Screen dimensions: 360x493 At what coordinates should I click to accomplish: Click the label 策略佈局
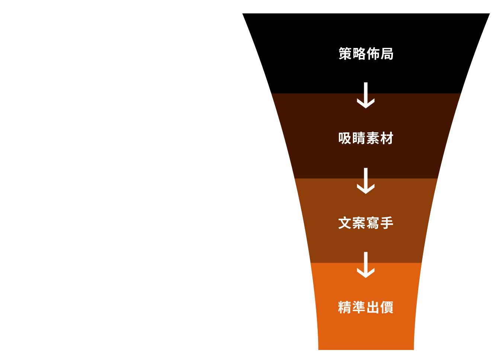coord(366,54)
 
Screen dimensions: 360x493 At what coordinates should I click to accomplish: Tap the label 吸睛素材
coord(366,138)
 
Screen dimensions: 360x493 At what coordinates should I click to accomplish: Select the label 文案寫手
coord(366,223)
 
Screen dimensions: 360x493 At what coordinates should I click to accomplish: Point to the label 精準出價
coord(366,308)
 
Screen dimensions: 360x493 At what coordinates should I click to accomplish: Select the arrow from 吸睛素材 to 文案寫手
coord(366,181)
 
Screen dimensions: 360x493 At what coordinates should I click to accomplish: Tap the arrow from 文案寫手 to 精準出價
coord(366,265)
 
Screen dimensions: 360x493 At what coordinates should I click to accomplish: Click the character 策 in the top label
coord(345,54)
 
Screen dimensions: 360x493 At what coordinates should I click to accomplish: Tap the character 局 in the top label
coord(387,54)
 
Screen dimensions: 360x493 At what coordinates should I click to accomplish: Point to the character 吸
coord(345,138)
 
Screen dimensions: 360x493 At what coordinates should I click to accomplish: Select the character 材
coord(387,138)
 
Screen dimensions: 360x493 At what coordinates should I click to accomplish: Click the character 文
coord(345,223)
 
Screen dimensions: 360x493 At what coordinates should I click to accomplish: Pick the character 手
coord(387,223)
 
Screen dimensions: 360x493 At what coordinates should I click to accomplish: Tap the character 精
coord(345,308)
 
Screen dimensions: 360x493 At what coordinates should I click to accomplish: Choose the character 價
coord(387,308)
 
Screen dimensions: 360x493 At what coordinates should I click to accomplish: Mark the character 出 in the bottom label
coord(373,308)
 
